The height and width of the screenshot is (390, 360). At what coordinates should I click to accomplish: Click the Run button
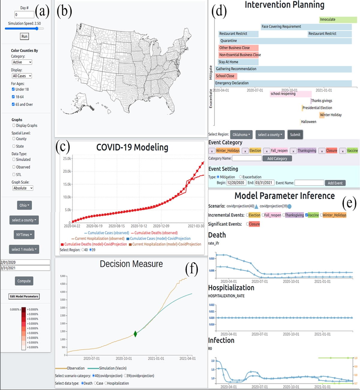coord(24,36)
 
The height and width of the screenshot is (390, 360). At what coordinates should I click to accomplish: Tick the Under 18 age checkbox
coord(13,89)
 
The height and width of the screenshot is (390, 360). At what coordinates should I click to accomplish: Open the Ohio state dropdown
coord(24,205)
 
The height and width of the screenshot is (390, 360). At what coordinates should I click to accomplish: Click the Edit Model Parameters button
coord(24,296)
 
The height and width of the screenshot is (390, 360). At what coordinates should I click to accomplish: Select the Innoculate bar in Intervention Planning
coord(338,20)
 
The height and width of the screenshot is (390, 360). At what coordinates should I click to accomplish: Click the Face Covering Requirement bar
coord(306,27)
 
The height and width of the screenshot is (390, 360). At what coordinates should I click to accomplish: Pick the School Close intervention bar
coord(226,76)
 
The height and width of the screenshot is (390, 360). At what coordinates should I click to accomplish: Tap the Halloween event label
coord(308,122)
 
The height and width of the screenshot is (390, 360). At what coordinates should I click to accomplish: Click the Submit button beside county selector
coord(295,135)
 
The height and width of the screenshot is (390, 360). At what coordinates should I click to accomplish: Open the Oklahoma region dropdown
coord(241,135)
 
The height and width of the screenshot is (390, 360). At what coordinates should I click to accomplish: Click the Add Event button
coord(335,183)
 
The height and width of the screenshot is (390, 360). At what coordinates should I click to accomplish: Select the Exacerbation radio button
coord(240,177)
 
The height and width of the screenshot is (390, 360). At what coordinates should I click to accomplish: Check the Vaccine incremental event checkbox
coord(307,215)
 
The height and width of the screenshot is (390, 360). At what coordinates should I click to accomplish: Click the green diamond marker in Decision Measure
coord(135,334)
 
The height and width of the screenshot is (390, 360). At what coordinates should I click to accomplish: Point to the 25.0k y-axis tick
coord(67,159)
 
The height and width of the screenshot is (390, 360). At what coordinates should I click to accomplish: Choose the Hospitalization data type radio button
coord(106,383)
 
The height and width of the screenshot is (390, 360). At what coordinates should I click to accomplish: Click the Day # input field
coord(24,14)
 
